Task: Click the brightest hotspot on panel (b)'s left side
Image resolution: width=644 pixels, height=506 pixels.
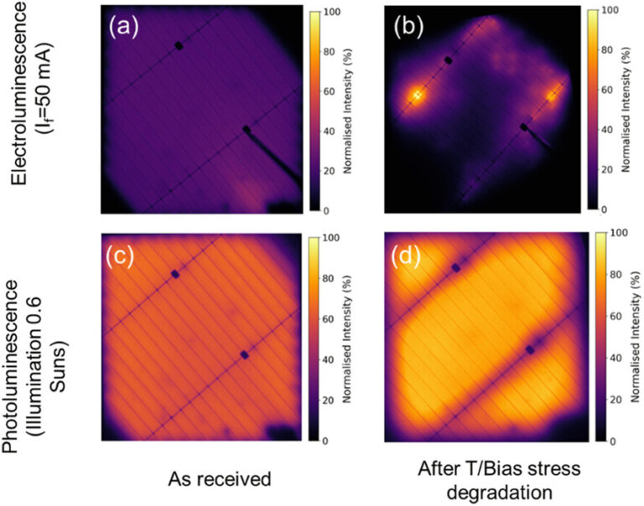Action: [417, 96]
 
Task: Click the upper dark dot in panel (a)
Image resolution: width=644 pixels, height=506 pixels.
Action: [179, 45]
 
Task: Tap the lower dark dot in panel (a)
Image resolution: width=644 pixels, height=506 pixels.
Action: [247, 130]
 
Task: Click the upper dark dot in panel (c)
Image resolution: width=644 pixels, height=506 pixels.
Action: [175, 274]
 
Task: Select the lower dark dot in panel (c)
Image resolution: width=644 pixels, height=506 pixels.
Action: [245, 354]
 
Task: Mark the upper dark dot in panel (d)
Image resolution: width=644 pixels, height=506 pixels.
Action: [456, 267]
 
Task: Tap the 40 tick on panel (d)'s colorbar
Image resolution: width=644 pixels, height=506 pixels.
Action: [614, 359]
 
